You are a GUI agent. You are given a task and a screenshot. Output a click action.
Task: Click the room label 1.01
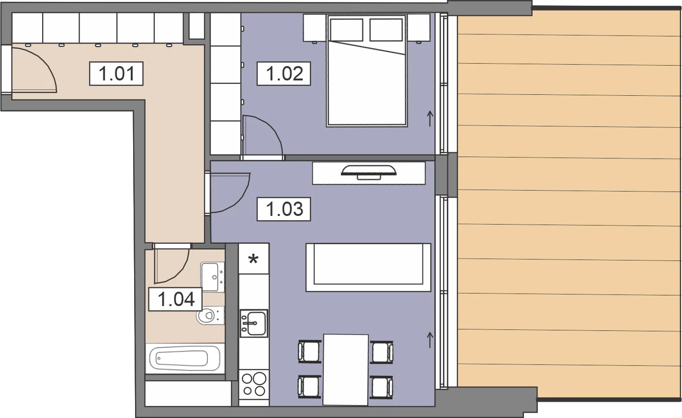click(x=116, y=73)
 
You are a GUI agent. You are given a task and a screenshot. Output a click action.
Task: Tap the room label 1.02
click(x=284, y=73)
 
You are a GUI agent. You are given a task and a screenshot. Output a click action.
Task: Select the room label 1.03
click(x=284, y=209)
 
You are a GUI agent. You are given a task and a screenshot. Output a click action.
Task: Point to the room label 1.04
click(x=175, y=299)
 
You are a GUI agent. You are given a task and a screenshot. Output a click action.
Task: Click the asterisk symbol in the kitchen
click(x=253, y=260)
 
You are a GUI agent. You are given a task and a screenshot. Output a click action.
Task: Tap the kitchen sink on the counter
click(x=254, y=323)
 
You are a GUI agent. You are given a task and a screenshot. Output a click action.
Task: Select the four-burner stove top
click(x=254, y=384)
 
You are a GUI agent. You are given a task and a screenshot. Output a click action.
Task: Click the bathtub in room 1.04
click(x=185, y=359)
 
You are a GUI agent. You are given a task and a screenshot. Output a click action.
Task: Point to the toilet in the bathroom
click(x=210, y=316)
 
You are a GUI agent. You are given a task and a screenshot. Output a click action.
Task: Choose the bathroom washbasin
click(x=213, y=277)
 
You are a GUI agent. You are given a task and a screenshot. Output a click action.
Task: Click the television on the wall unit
click(x=369, y=172)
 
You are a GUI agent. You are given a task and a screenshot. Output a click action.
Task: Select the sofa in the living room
click(x=368, y=267)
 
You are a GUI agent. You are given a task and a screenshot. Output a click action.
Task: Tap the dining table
click(x=346, y=370)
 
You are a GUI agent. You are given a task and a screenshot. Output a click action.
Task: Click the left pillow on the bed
click(x=346, y=30)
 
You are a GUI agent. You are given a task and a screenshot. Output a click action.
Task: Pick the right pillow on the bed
click(x=386, y=30)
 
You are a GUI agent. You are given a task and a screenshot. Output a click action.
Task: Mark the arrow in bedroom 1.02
click(x=430, y=119)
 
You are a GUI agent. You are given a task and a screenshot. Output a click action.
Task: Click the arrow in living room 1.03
click(x=430, y=340)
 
